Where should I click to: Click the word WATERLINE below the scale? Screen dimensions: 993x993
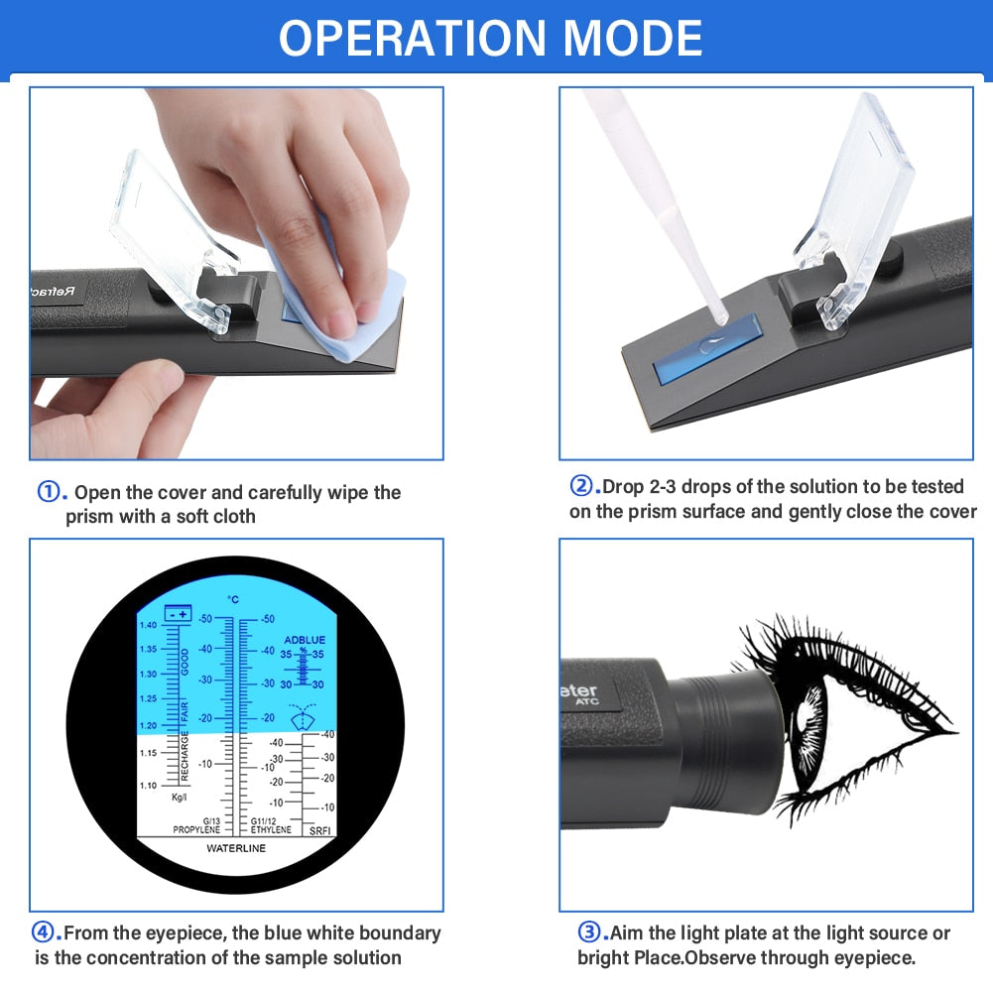pos(236,849)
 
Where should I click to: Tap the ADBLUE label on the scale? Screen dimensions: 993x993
pos(304,640)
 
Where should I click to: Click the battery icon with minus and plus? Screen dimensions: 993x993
pos(179,614)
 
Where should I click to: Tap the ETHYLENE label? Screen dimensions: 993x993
pos(271,829)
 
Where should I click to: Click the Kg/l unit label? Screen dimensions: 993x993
pos(180,798)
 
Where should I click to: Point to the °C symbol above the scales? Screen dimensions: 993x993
pos(233,599)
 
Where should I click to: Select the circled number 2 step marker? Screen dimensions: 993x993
pos(580,486)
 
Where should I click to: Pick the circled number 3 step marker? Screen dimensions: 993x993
pos(589,932)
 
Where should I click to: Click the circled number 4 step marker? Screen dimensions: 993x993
pos(45,932)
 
